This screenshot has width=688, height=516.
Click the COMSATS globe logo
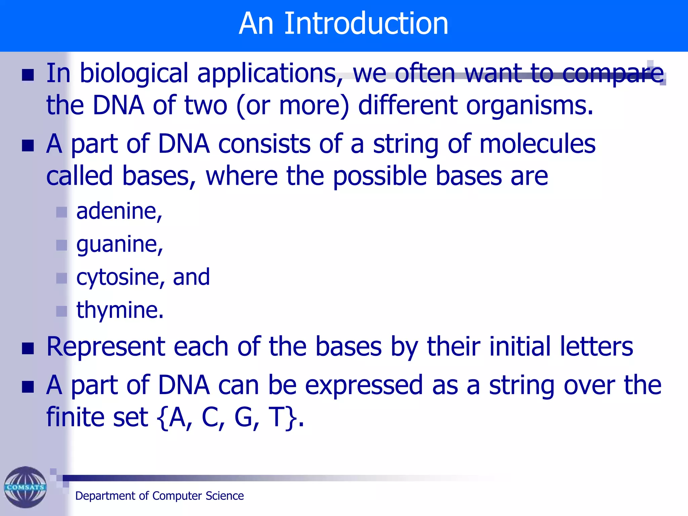[x=25, y=487]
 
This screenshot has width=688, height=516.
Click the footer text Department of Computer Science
[x=159, y=496]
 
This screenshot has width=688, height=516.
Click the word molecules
[x=537, y=144]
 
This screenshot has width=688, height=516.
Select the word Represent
[x=105, y=347]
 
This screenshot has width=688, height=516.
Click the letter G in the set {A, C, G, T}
[x=244, y=417]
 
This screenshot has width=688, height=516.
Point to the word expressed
[x=363, y=385]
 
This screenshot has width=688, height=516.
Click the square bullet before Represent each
[x=28, y=349]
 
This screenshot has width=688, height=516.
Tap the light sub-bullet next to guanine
[x=61, y=245]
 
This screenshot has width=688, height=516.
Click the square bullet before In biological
[x=28, y=75]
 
